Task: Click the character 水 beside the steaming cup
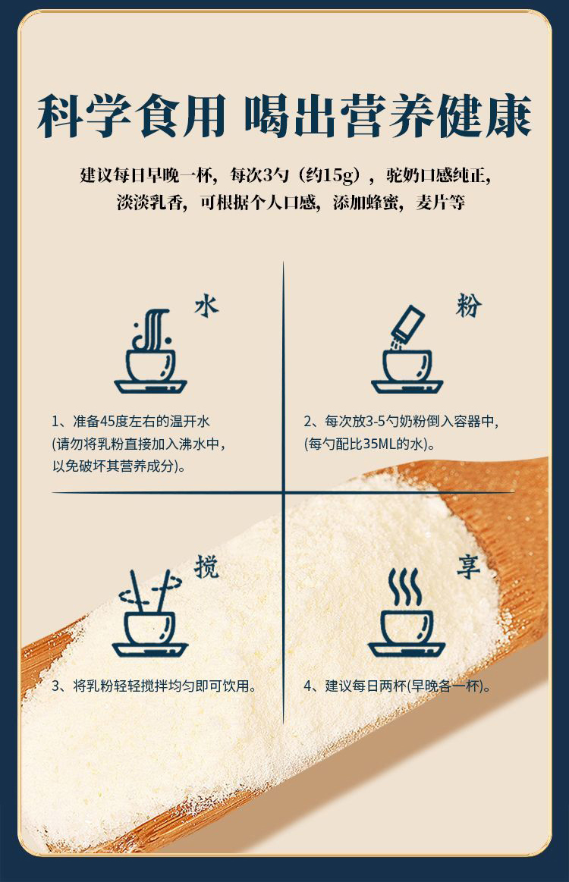tap(206, 306)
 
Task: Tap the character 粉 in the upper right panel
tap(468, 306)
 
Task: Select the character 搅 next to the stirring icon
tap(206, 567)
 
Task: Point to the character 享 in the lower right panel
tap(468, 567)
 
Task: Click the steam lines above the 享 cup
tap(404, 587)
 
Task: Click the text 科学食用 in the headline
tap(132, 117)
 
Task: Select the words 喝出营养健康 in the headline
tap(388, 117)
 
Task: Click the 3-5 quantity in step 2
tap(376, 422)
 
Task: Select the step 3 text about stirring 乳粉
tap(155, 686)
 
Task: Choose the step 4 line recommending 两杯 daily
tap(398, 686)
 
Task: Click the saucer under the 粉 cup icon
tap(407, 387)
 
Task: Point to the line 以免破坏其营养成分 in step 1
tap(119, 466)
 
